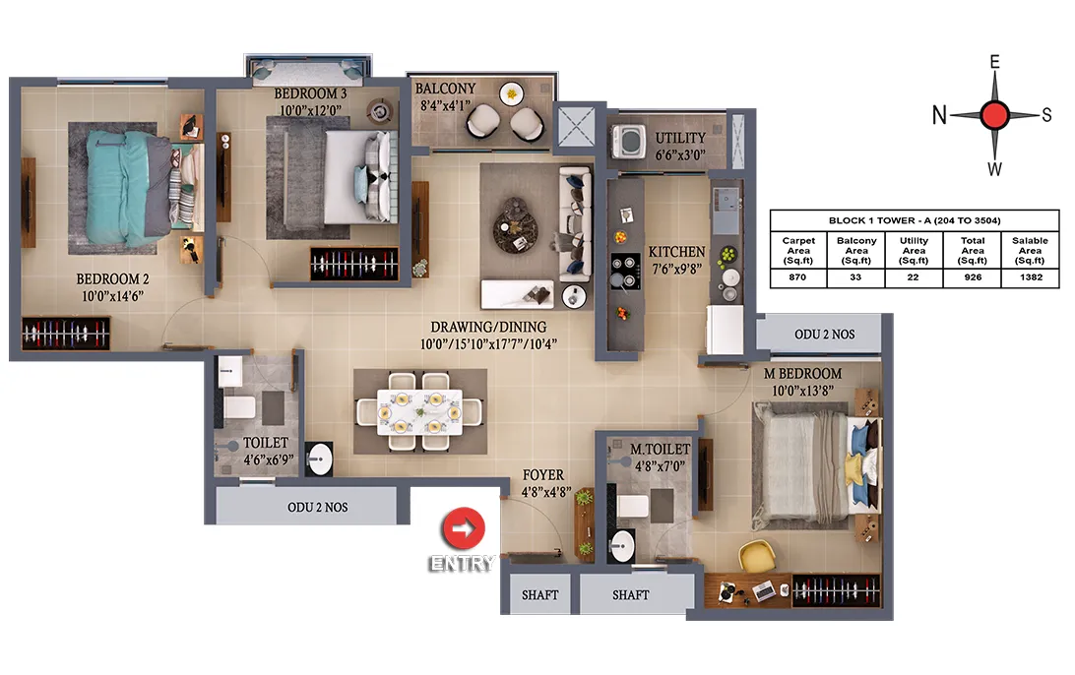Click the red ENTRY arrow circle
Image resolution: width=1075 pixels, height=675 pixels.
click(x=464, y=528)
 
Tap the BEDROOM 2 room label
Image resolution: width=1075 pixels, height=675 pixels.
click(x=112, y=279)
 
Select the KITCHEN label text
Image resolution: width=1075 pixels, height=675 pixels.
click(x=676, y=252)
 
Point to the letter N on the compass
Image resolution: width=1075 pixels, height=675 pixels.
click(x=939, y=115)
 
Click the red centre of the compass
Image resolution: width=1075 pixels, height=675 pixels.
click(x=994, y=115)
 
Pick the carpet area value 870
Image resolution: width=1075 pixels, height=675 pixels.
click(x=797, y=276)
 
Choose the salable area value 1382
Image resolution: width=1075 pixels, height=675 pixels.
click(x=1031, y=276)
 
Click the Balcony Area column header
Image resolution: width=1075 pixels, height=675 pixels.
click(x=856, y=250)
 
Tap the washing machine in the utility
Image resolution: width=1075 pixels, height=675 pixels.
click(x=629, y=141)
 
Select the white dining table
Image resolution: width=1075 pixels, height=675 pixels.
click(x=419, y=412)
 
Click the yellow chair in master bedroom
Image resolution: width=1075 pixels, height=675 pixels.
click(x=756, y=556)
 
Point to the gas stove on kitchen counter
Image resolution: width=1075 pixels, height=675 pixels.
click(x=625, y=272)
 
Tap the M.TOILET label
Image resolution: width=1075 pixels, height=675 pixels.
click(x=660, y=450)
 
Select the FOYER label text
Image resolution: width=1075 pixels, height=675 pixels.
click(x=543, y=475)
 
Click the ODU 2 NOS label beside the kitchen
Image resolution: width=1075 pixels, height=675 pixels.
click(x=824, y=335)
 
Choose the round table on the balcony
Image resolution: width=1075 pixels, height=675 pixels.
click(x=512, y=93)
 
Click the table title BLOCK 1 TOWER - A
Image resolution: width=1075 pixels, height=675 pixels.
click(x=914, y=220)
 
